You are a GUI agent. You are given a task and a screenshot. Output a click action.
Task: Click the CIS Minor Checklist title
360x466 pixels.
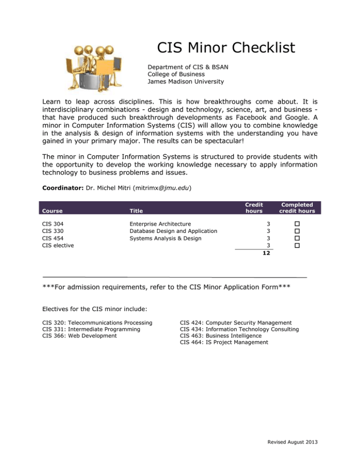(x=226, y=47)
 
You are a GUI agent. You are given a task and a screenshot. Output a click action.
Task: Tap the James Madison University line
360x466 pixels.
(x=186, y=82)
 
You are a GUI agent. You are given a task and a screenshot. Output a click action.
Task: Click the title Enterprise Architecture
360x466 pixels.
(x=160, y=224)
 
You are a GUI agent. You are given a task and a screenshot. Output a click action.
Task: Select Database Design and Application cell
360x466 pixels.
(x=173, y=231)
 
